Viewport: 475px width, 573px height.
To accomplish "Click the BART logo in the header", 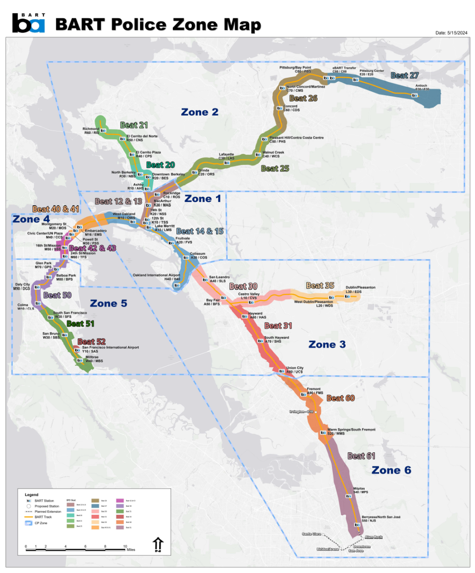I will coord(28,23).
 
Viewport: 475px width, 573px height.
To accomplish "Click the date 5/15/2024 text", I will coord(451,33).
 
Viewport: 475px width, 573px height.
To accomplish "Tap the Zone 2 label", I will coord(199,112).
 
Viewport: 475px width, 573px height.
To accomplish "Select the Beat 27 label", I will coord(404,76).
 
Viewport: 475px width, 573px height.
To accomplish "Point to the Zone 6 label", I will coord(391,470).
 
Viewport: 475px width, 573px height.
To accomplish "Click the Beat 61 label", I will coord(361,456).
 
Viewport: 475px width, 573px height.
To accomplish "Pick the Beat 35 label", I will coord(320,285).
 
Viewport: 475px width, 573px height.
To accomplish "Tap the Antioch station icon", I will coord(414,95).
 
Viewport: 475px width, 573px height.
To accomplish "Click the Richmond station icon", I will coord(103,131).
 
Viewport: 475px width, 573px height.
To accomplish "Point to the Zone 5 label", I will coord(108,304).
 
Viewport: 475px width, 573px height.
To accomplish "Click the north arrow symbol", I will coord(158,545).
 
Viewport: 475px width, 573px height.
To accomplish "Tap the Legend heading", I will coord(32,495).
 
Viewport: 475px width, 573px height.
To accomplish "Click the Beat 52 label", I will coord(91,342).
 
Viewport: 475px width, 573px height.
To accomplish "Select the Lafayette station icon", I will coord(227,163).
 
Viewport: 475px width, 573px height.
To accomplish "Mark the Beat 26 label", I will coord(303,98).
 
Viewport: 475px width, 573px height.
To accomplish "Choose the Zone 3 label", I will coord(327,345).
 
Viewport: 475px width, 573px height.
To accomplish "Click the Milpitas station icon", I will coord(348,496).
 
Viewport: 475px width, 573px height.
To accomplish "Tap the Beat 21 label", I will coord(134,125).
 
